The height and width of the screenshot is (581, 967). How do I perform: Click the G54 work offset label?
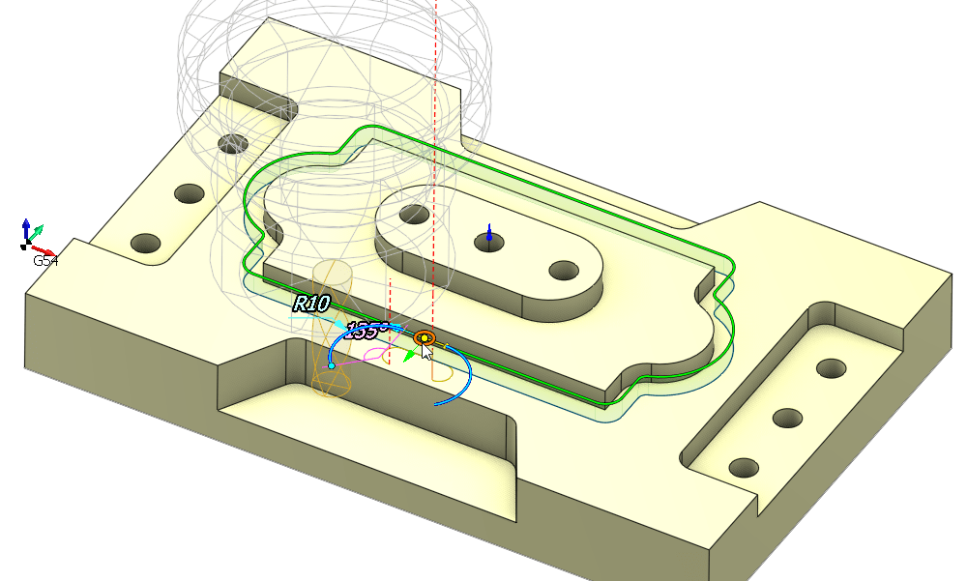tap(44, 261)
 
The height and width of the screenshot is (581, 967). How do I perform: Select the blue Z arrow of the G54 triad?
tap(26, 226)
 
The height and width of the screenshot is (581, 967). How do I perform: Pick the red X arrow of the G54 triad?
tap(44, 250)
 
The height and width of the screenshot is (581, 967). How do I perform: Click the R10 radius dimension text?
tap(311, 304)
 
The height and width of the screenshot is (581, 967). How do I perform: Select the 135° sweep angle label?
tap(366, 330)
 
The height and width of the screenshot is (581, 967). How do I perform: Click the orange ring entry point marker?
tap(424, 337)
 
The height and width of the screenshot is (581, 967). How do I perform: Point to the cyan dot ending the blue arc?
tap(332, 365)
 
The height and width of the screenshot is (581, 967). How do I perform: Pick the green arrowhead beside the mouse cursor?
tap(410, 355)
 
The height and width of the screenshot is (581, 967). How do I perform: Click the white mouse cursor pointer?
tap(426, 349)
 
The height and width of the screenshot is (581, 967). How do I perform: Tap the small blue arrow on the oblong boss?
tap(489, 233)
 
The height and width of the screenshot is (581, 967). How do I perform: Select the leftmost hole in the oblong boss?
tap(416, 213)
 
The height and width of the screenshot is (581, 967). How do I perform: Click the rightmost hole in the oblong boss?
tap(563, 270)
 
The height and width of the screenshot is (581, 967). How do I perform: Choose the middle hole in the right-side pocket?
tap(788, 418)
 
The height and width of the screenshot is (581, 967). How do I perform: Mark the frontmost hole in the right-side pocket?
tap(744, 468)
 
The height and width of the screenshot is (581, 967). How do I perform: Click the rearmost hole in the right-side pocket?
tap(831, 368)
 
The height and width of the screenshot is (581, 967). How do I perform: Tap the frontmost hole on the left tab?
tap(145, 242)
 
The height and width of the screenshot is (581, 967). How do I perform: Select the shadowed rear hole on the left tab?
tap(231, 146)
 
